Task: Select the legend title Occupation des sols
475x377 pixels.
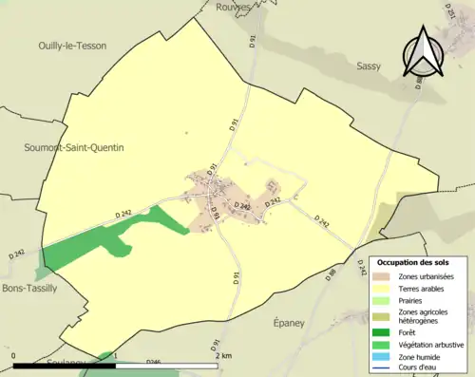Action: point(416,261)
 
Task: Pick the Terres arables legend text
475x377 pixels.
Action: point(415,290)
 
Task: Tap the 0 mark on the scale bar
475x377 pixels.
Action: point(14,356)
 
